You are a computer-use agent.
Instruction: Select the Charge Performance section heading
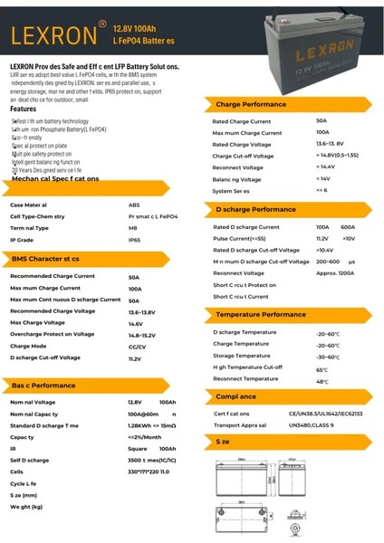pos(251,105)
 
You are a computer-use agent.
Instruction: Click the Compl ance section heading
pos(236,396)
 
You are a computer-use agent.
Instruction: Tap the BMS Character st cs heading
pos(45,259)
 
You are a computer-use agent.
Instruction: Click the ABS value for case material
pos(133,205)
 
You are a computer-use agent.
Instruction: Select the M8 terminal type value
pos(133,228)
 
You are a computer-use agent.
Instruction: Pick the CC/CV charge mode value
pos(137,346)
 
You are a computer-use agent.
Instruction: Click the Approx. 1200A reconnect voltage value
pos(334,272)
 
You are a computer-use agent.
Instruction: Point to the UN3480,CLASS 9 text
pos(312,424)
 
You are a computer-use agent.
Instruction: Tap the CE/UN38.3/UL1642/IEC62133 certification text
pos(326,414)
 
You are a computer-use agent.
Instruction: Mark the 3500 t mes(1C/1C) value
pos(149,460)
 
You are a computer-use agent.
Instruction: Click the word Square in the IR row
pos(137,448)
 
